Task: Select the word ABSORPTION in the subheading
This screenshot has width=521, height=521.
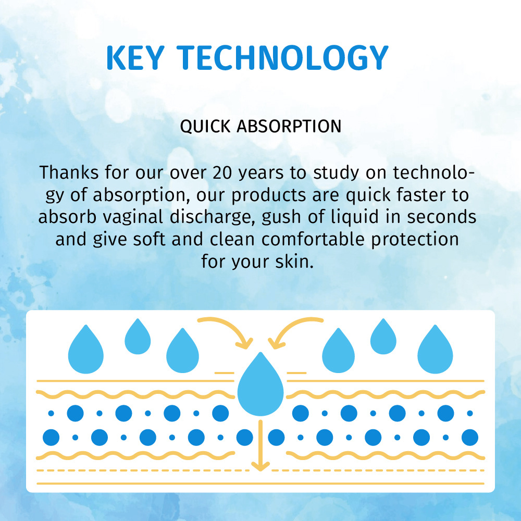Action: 289,126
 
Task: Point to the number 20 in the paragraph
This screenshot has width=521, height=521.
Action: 222,173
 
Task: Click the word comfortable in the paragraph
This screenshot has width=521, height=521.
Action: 313,239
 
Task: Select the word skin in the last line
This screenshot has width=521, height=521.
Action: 294,262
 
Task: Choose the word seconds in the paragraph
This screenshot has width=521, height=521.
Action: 442,217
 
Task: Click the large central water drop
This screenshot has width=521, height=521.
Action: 260,384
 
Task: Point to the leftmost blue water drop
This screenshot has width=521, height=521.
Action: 86,351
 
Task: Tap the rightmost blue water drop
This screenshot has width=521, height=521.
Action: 435,351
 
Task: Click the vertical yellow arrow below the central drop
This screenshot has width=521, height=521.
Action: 260,445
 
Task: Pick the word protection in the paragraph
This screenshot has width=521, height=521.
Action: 415,240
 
